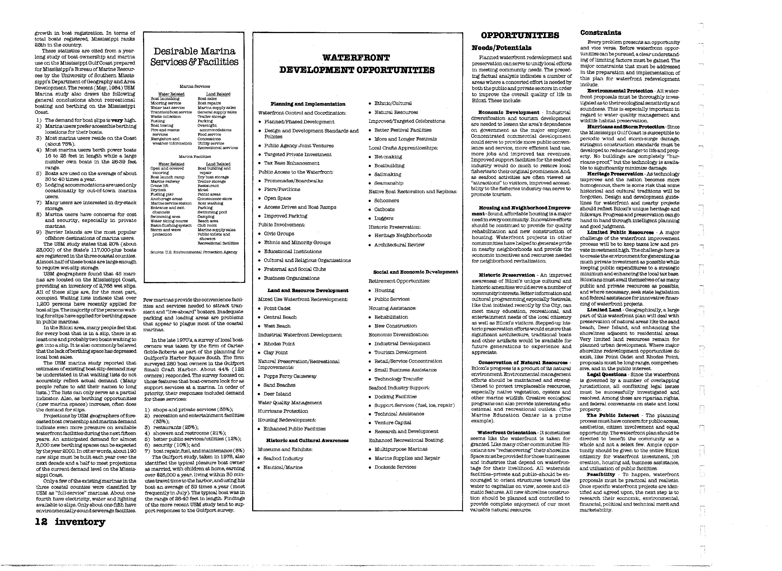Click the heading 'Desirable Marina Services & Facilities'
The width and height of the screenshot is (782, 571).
click(194, 57)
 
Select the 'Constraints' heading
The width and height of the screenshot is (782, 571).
click(601, 33)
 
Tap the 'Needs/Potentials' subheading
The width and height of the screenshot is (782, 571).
click(502, 48)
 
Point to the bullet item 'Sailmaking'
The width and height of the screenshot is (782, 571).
click(388, 174)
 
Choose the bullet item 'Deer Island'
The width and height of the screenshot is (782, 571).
click(277, 394)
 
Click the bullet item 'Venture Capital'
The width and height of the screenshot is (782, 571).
click(393, 422)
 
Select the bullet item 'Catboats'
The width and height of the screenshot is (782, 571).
click(384, 210)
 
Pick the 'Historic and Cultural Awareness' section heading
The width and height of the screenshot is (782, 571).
click(307, 440)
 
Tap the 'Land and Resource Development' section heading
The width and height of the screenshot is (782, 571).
click(308, 291)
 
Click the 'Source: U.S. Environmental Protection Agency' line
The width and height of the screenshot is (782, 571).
click(194, 252)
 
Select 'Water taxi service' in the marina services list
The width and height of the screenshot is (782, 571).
click(167, 108)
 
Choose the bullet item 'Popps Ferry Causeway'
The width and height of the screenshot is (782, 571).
click(290, 376)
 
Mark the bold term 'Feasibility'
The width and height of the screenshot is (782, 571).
click(601, 475)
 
